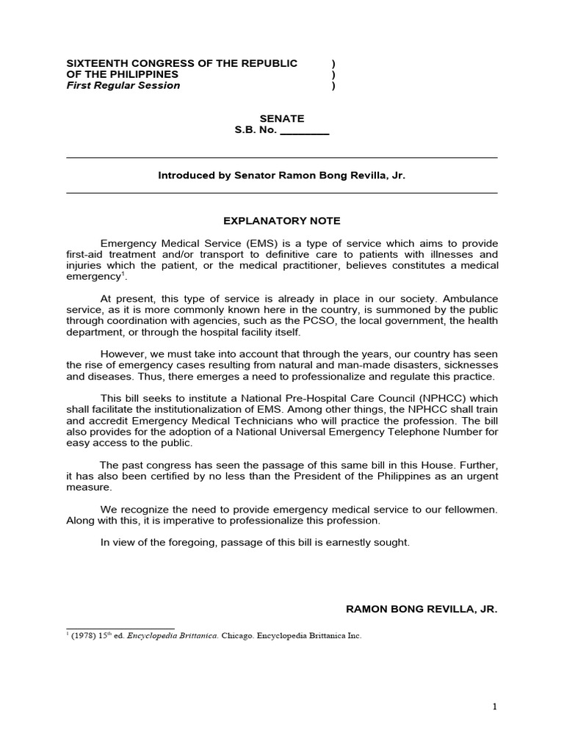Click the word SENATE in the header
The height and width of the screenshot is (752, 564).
[282, 118]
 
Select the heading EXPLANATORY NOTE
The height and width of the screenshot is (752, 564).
[282, 220]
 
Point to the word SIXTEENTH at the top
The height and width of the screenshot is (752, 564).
[94, 63]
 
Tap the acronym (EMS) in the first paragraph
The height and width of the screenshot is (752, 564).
[219, 243]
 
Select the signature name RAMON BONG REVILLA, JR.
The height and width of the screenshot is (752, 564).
[422, 610]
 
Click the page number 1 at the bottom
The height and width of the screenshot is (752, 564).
[495, 706]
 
